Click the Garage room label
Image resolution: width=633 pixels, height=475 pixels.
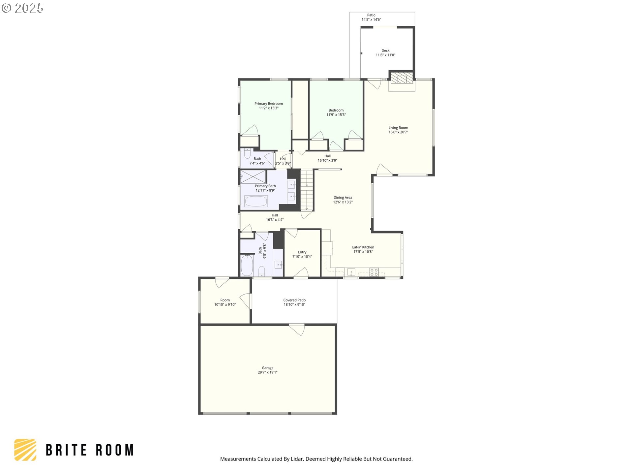pos(267,368)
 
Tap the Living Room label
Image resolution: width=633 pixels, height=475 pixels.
pos(398,128)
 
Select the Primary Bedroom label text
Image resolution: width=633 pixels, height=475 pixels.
pos(269,104)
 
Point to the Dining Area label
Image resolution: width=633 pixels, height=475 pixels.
pos(343,198)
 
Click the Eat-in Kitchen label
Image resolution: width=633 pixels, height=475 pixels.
pos(363,247)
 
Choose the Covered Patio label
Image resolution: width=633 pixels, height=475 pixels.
pos(294,300)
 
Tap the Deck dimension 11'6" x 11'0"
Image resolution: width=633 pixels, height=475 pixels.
pos(385,55)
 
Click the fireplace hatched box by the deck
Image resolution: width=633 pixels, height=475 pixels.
pos(402,78)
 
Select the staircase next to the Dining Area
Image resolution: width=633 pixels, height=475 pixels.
pos(307,190)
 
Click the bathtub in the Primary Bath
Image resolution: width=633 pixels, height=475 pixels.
pos(256,201)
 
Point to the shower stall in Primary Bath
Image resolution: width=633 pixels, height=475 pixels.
pos(253,176)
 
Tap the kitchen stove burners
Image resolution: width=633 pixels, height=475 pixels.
pos(374,272)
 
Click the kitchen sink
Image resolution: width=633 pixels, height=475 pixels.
pos(351,272)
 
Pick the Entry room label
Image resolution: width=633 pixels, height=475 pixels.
pos(302,252)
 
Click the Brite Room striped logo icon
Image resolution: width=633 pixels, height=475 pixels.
pos(25,450)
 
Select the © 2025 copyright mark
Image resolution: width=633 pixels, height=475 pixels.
pos(22,8)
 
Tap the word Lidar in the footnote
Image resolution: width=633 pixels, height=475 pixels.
pos(297,459)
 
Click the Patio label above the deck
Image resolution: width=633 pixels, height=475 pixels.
pos(371,15)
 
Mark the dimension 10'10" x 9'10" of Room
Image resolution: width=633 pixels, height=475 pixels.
pos(225,304)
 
